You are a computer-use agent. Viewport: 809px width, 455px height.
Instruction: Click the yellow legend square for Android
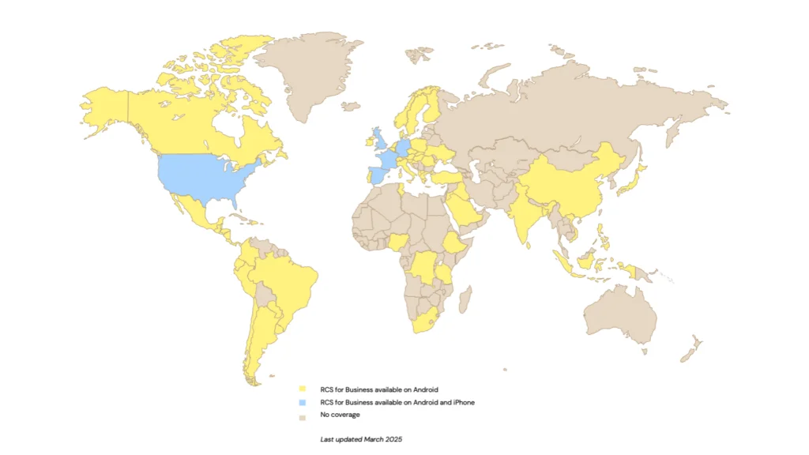coord(301,389)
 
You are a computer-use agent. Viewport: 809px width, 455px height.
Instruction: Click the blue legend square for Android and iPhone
coord(301,402)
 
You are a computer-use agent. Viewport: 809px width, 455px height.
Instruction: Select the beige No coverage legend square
coord(301,415)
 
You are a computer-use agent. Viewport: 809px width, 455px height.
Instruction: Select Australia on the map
coord(620,316)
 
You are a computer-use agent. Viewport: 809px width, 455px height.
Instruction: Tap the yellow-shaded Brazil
coord(288,280)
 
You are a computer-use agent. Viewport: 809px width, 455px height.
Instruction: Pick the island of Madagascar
coord(465,299)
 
